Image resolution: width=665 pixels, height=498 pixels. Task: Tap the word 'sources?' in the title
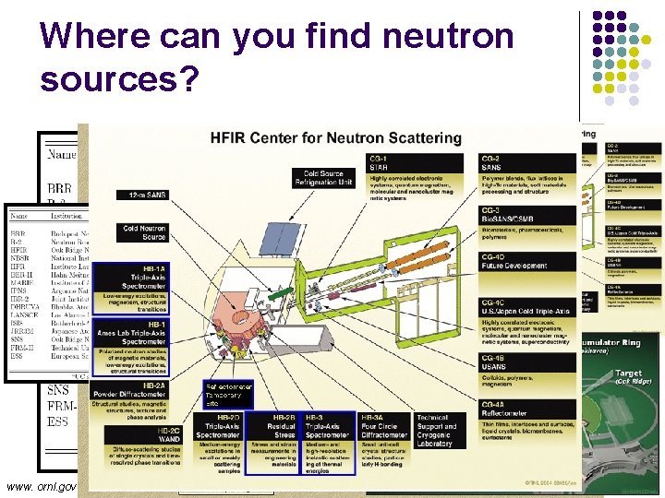pos(120,79)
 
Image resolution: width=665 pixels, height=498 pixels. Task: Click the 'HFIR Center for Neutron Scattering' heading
pos(336,138)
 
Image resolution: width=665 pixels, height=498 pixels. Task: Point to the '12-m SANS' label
pos(142,195)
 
